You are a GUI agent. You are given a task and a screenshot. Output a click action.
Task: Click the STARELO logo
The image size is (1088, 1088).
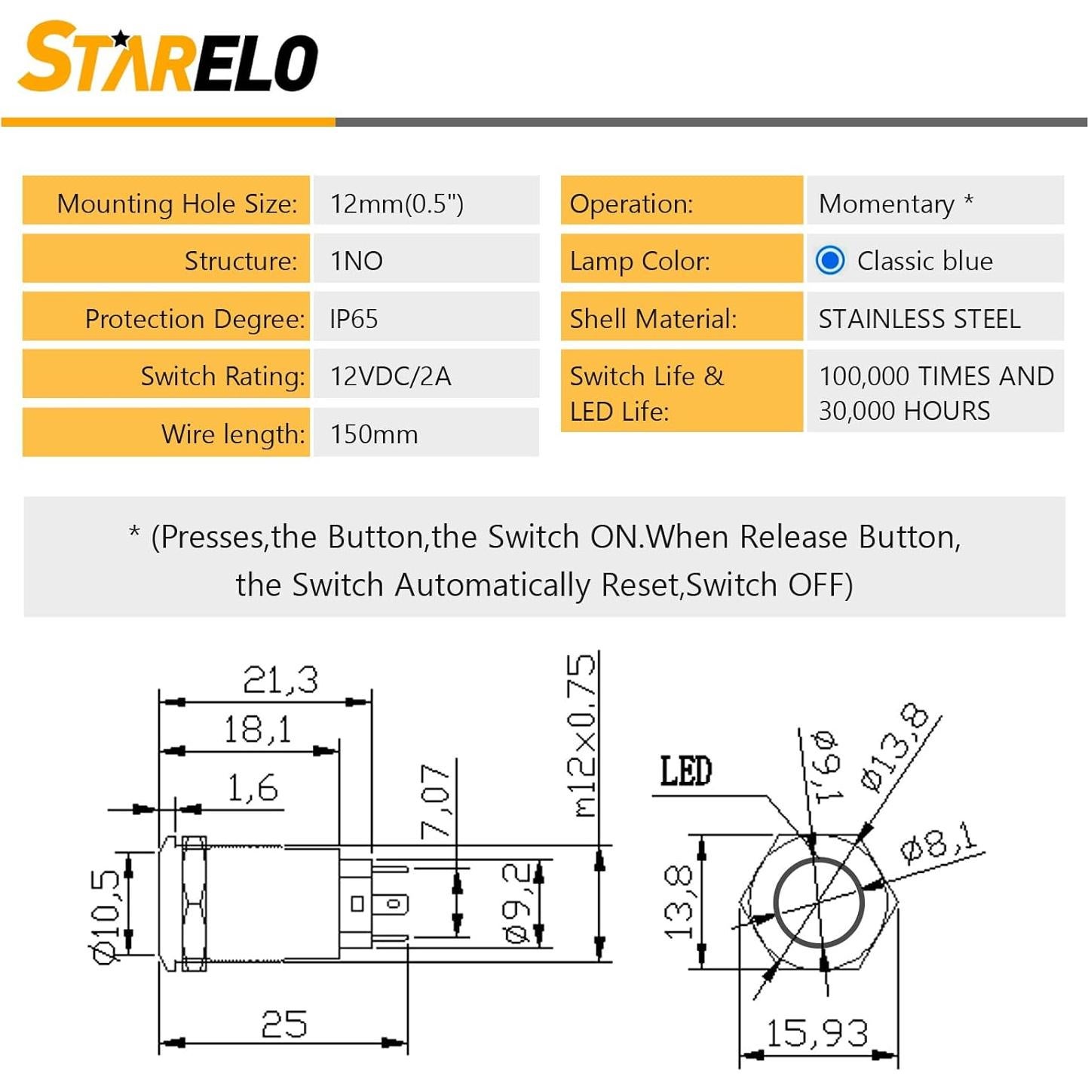[167, 59]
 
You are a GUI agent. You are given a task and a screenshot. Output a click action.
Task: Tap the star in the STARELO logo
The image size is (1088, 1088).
[120, 38]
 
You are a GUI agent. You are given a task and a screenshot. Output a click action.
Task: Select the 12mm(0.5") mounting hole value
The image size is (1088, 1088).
[397, 204]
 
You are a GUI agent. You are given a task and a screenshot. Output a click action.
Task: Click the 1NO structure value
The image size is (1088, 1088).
[357, 261]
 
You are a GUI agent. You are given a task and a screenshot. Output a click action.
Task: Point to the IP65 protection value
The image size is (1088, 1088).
[354, 319]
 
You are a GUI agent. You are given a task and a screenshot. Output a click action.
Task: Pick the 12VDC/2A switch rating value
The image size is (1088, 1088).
[391, 376]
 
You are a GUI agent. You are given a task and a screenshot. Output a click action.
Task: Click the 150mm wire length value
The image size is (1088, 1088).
[374, 434]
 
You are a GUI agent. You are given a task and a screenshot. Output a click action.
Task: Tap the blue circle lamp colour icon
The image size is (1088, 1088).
[830, 261]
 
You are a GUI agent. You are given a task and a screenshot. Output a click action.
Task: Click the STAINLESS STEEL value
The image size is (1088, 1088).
[919, 319]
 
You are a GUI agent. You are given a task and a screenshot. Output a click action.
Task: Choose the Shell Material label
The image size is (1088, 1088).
[653, 319]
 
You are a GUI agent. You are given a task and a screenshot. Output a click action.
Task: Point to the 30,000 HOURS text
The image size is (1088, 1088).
[904, 411]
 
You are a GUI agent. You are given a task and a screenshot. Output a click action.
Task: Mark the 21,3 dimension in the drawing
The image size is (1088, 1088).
[280, 680]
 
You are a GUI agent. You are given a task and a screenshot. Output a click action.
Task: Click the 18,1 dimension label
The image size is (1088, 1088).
[257, 730]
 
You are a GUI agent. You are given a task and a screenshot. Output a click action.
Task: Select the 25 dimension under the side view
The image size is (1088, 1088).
[284, 1025]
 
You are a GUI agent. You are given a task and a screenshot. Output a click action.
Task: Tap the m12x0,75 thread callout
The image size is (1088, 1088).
[582, 736]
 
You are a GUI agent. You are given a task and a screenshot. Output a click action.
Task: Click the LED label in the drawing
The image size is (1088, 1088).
[685, 771]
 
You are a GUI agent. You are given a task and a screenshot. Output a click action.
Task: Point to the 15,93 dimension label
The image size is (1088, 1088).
[817, 1033]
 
